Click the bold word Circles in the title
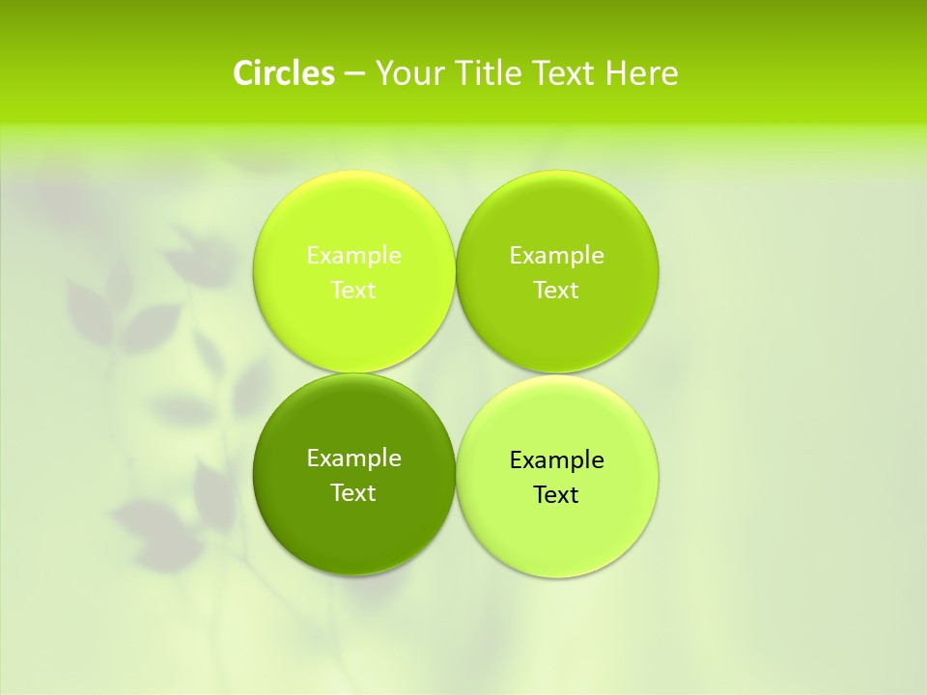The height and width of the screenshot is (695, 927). (x=283, y=73)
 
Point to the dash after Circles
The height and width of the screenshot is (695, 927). (x=354, y=74)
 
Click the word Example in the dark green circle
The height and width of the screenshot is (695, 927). (x=353, y=458)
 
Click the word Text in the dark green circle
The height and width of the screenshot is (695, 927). (x=353, y=492)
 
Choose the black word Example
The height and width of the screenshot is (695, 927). (x=557, y=459)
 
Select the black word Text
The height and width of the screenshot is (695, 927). (x=557, y=494)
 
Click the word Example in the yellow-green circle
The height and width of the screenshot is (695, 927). (x=353, y=255)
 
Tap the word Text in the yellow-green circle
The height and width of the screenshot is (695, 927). (x=353, y=290)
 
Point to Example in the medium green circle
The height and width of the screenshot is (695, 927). (x=557, y=255)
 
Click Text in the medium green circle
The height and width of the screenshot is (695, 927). (x=557, y=290)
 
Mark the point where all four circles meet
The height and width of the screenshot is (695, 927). (x=456, y=374)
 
